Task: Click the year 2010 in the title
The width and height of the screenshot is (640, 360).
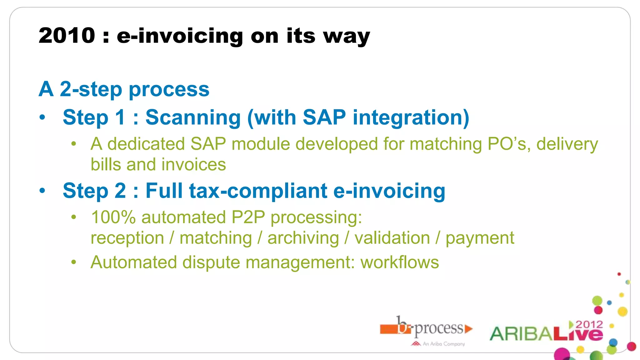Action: click(67, 35)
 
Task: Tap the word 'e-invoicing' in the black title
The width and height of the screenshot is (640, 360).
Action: click(180, 36)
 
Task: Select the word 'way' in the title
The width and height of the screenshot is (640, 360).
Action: click(346, 37)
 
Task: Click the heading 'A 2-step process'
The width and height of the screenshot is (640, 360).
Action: click(124, 89)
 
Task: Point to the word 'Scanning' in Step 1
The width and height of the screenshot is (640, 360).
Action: click(193, 118)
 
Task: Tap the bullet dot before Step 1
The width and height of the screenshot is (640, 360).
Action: click(42, 118)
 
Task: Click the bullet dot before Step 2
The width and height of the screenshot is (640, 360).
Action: click(42, 191)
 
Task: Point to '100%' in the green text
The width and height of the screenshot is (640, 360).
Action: click(113, 217)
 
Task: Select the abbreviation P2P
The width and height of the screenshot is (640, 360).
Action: click(248, 217)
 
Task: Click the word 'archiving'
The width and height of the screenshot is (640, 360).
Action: click(303, 238)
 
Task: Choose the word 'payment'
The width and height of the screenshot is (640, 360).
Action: click(480, 238)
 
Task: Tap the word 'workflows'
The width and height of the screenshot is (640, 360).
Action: click(400, 262)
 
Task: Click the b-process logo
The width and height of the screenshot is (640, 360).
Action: click(427, 328)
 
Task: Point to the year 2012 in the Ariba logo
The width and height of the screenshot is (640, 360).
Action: click(589, 324)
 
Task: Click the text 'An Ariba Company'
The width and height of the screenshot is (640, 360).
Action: click(443, 344)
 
